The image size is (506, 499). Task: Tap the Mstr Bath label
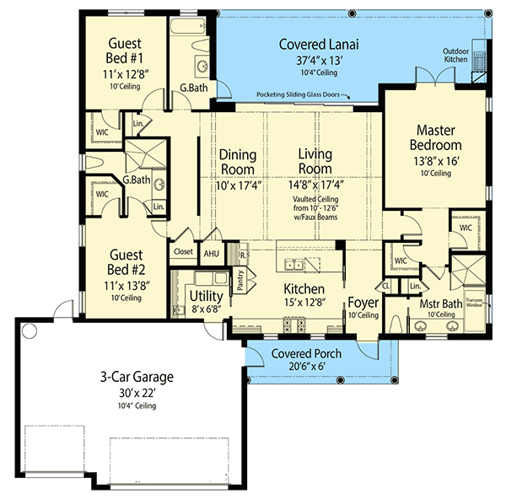(428, 303)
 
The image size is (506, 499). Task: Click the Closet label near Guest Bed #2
(183, 251)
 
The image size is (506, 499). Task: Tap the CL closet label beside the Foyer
(385, 286)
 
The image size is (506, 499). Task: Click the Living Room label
(315, 162)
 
